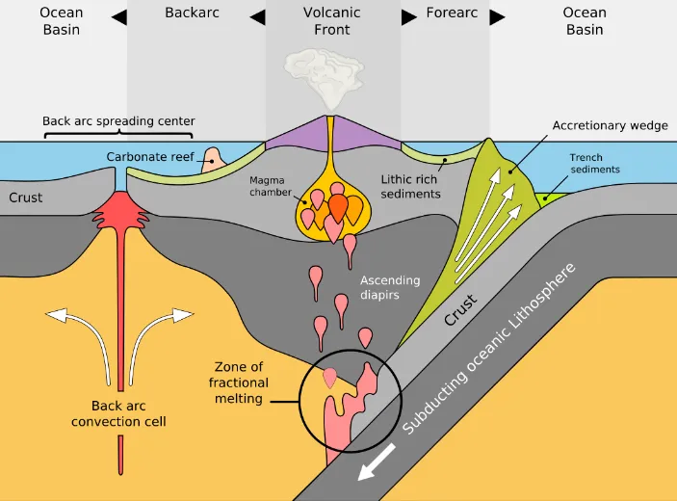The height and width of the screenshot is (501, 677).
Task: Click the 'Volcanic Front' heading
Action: [x=332, y=21]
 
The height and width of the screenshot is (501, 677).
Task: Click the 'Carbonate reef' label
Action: [x=149, y=156]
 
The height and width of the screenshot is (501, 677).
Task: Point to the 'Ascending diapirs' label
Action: [x=390, y=287]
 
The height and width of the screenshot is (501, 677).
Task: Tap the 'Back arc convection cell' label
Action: [x=120, y=413]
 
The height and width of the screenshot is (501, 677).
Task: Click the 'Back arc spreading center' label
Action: [x=118, y=121]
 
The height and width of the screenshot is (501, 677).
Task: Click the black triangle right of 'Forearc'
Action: [x=497, y=16]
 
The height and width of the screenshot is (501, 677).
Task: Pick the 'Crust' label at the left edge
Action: [x=25, y=198]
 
